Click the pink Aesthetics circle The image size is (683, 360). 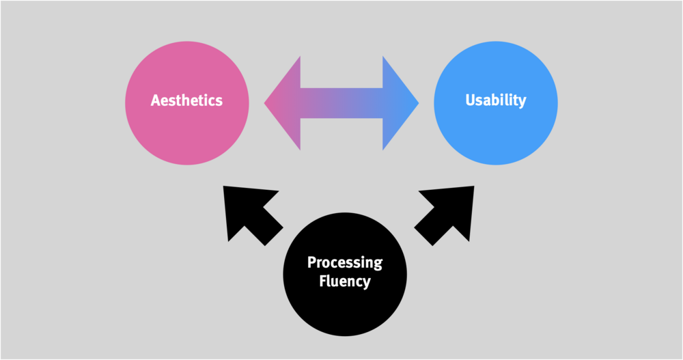coord(186,130)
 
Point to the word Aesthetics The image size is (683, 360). coord(186,100)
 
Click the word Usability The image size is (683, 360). coord(496,100)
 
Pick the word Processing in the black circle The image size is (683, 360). coord(345,262)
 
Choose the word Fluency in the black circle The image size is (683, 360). coord(345,280)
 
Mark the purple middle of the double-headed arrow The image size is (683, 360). coord(341,103)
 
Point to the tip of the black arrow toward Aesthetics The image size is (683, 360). coord(225,187)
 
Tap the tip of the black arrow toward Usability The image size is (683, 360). coord(473,187)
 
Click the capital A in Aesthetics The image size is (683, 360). coord(155,100)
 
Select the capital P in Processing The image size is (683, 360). coord(311,262)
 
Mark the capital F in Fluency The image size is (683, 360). coord(324,280)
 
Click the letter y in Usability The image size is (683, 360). coord(522,102)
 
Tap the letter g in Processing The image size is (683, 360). coord(378,264)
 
